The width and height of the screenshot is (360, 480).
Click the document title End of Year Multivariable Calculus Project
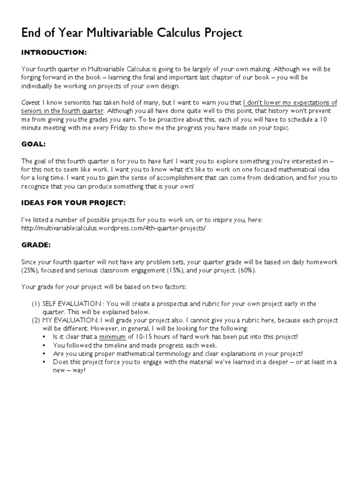(x=132, y=33)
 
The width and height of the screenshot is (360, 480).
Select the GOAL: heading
(x=34, y=144)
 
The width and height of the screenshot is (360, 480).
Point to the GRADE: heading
(x=37, y=245)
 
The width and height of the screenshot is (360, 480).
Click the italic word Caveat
(x=31, y=103)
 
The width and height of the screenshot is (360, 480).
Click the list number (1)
(x=36, y=304)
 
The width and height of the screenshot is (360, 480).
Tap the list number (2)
(x=36, y=320)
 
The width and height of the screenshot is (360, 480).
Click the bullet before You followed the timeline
(x=45, y=345)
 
